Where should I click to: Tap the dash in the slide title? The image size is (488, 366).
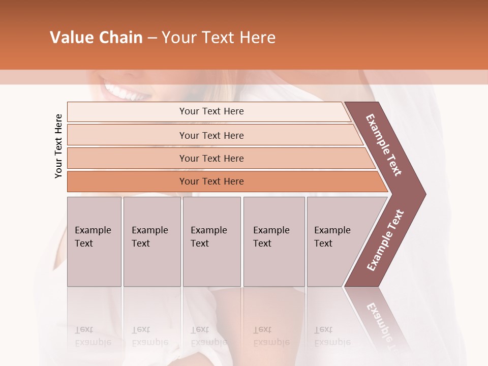pos(152,38)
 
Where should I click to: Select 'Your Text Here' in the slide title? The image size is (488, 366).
pos(219,38)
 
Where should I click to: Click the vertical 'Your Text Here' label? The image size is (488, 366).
pos(58,146)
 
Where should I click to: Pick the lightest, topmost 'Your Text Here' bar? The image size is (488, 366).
pos(211,111)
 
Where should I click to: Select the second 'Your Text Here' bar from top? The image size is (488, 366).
pos(211,135)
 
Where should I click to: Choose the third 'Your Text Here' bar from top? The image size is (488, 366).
pos(211,158)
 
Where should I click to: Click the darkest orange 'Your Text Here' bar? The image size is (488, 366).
pos(211,181)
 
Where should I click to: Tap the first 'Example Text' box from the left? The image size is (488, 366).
pos(94,241)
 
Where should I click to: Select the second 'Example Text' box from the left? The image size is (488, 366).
pos(151,241)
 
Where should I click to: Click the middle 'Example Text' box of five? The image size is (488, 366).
pos(211,241)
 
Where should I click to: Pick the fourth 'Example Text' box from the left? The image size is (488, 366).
pos(274,241)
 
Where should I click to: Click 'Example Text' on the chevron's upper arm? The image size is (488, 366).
pos(384,145)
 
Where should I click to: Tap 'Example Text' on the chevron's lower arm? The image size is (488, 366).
pos(385,240)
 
